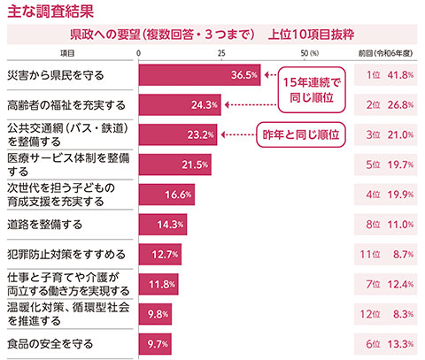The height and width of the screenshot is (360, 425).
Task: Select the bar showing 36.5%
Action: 199,75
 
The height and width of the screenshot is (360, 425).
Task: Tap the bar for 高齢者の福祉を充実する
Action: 181,106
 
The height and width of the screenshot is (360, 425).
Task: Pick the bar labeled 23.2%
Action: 178,135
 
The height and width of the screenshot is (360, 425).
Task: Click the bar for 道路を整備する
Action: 163,225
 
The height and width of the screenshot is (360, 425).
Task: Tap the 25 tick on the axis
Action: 221,54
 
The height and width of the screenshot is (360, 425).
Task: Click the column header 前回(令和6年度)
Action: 387,54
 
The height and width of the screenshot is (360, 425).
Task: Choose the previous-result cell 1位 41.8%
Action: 388,75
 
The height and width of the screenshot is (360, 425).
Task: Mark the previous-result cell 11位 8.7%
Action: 388,255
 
